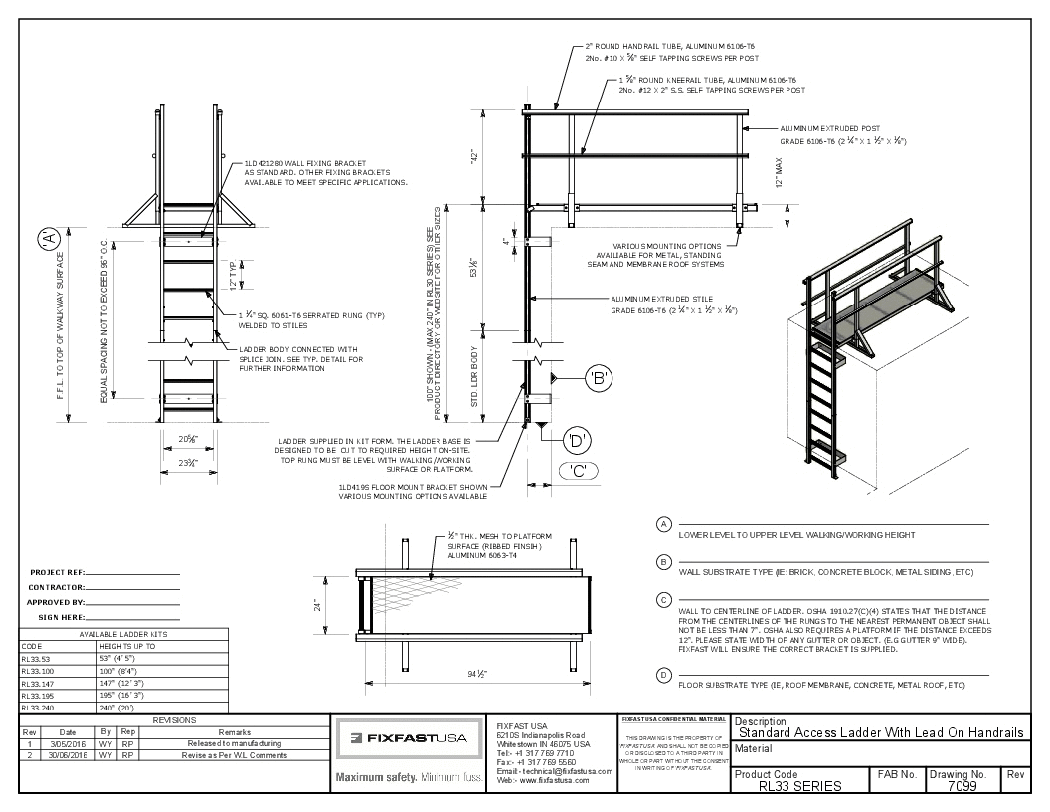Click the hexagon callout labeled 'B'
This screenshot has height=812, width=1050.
598,377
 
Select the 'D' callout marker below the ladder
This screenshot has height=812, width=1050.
576,438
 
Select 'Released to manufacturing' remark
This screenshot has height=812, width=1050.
231,743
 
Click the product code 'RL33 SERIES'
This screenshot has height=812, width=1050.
799,786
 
